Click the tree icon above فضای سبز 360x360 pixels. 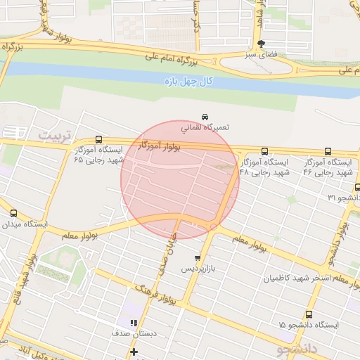(262, 44)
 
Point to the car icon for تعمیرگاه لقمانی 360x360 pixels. (205, 116)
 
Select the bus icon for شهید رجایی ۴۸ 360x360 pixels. (264, 151)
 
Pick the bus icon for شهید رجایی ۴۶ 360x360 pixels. (328, 151)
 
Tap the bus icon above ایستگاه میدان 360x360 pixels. (13, 212)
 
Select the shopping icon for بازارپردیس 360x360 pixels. (198, 258)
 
